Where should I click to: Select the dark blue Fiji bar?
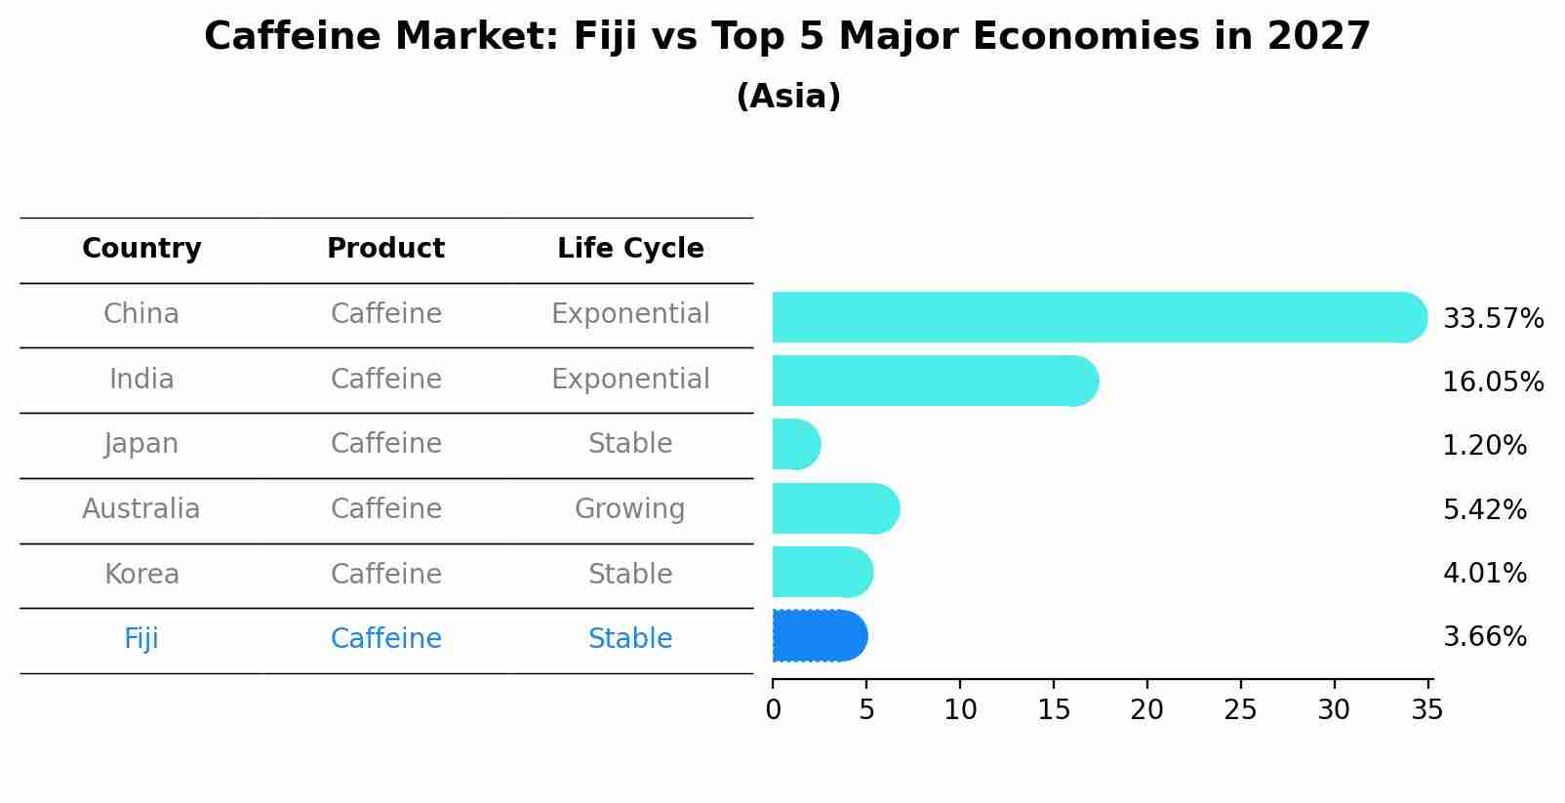pos(819,636)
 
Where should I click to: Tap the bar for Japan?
pos(795,444)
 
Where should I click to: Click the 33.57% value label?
pos(1492,319)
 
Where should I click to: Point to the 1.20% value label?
pos(1483,446)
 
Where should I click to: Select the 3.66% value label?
pos(1483,637)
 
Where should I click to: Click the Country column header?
pos(141,249)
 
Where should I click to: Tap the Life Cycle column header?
pos(630,249)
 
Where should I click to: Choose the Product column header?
pos(385,249)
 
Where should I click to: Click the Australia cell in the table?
pos(141,509)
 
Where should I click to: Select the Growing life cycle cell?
pos(630,509)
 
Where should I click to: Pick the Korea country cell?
pos(141,574)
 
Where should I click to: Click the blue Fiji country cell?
pos(141,639)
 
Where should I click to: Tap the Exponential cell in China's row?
pos(630,314)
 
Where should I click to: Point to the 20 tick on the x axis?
pos(1146,710)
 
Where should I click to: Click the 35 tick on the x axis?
pos(1426,710)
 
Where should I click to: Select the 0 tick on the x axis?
pos(773,710)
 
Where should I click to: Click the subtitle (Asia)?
pos(787,97)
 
